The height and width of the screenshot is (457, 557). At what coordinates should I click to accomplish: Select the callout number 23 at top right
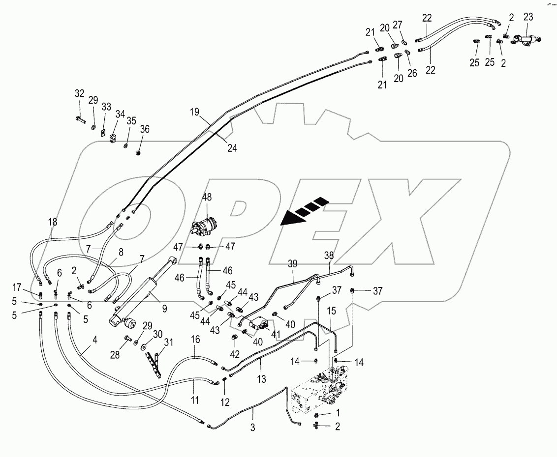[528, 16]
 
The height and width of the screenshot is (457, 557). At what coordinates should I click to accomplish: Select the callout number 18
[53, 222]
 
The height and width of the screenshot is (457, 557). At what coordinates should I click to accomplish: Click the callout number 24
[232, 147]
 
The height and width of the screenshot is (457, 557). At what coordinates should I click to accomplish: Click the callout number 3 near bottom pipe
[253, 427]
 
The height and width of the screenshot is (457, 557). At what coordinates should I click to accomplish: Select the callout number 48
[207, 197]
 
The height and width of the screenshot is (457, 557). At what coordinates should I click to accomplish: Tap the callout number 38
[328, 255]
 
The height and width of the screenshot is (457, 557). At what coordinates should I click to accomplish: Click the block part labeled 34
[113, 140]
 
